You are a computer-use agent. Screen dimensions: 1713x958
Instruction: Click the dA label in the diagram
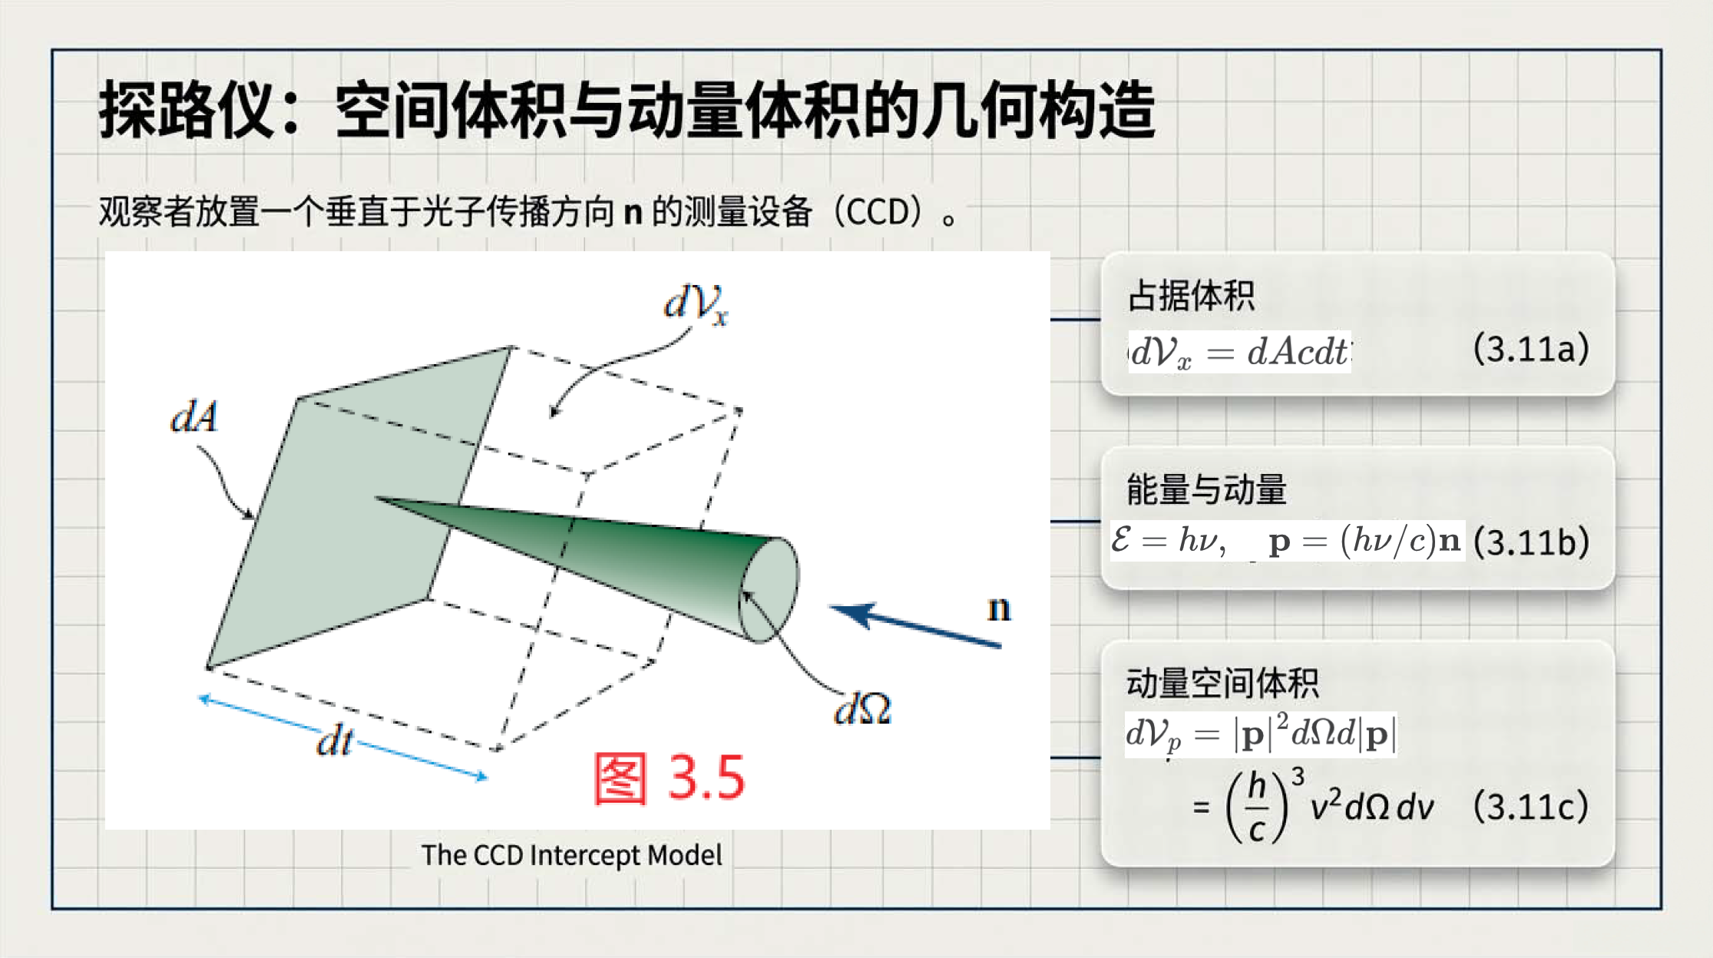click(194, 417)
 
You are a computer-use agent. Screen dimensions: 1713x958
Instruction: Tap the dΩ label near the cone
click(862, 708)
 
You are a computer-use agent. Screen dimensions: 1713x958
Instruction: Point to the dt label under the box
click(335, 741)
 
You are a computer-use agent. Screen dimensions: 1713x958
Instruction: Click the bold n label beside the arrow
click(999, 608)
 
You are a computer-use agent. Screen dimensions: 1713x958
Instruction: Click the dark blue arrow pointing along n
click(915, 625)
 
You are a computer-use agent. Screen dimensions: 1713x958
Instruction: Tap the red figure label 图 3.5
click(669, 778)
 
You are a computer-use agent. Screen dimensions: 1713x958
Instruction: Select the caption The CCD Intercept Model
click(572, 855)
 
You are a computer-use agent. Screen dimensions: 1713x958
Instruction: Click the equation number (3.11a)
click(1531, 349)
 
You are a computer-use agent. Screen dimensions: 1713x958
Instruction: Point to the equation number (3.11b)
click(1531, 542)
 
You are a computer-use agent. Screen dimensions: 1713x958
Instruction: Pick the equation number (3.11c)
click(1531, 807)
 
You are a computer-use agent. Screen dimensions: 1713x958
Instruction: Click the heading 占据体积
click(1191, 296)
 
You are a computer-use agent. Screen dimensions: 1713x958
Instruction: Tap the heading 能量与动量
click(1206, 489)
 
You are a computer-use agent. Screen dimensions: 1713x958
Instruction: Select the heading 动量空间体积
click(1222, 682)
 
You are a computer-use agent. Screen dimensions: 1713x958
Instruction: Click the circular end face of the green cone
click(768, 590)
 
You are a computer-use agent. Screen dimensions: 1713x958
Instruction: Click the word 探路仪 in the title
click(187, 111)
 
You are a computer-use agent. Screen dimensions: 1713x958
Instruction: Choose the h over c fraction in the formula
click(1257, 807)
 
